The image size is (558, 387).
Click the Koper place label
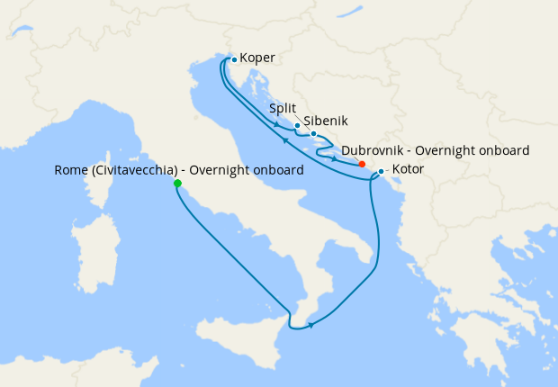tap(256, 58)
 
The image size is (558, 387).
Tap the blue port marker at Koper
tap(234, 59)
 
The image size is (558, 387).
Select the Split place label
tap(283, 108)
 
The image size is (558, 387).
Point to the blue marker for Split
tap(297, 126)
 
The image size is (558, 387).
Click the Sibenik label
tap(325, 120)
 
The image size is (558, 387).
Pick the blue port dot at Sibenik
tap(313, 134)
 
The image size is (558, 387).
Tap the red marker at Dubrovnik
tap(361, 164)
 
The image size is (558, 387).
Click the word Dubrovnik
tap(373, 150)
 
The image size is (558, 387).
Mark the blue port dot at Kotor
tap(382, 171)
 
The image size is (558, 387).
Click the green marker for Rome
tap(177, 184)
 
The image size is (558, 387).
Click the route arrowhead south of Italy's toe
tap(310, 325)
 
